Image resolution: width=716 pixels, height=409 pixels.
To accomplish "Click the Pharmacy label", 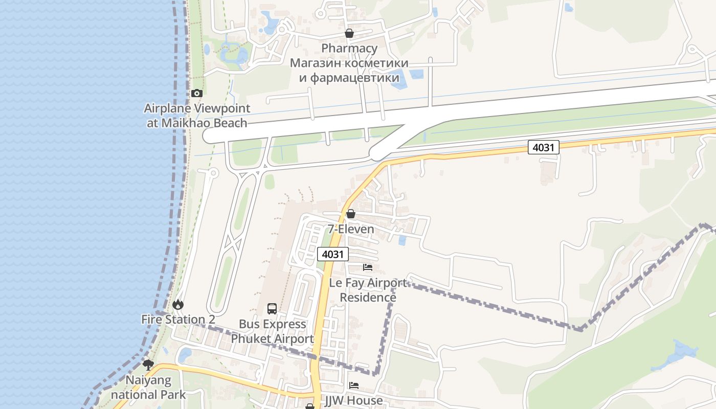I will [349, 49].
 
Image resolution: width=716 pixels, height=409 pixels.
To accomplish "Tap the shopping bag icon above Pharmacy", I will [349, 34].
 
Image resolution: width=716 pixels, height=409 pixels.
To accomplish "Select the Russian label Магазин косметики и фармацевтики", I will [349, 71].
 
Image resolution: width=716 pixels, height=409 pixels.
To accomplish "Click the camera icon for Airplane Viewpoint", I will [197, 93].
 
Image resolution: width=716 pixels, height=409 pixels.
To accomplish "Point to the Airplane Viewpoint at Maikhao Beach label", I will [197, 116].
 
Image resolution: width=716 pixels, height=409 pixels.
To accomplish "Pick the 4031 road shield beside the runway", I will [544, 148].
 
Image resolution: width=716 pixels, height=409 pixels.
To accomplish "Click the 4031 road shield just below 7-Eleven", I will [333, 254].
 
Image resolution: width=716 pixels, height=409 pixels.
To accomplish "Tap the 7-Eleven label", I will [351, 229].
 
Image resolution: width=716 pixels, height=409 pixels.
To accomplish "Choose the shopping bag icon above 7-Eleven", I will [351, 214].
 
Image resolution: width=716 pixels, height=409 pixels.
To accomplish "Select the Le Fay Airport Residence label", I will [368, 290].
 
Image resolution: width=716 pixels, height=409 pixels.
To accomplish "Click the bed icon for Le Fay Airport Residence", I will [368, 267].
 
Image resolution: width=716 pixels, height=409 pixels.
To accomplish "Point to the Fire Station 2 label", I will [178, 320].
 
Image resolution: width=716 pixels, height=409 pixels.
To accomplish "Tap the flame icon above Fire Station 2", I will [178, 305].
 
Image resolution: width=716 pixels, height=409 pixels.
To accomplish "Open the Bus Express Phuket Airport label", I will [273, 331].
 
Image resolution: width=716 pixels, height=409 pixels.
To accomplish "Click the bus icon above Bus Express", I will [272, 309].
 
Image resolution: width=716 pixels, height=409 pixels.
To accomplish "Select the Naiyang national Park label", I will [148, 388].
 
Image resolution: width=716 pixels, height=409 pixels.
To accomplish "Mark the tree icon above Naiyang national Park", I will [148, 365].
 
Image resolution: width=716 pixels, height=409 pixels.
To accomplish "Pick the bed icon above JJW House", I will [354, 385].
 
